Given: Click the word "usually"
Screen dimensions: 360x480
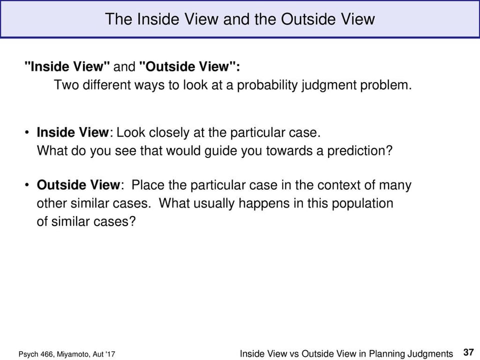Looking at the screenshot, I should click(212, 203).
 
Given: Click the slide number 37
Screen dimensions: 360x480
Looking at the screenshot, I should click(468, 353).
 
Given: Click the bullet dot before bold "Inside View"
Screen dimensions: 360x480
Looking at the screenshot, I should click(27, 133).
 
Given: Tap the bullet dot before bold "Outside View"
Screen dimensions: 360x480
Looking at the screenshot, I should click(27, 185).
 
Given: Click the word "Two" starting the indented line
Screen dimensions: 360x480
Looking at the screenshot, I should click(65, 85).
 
